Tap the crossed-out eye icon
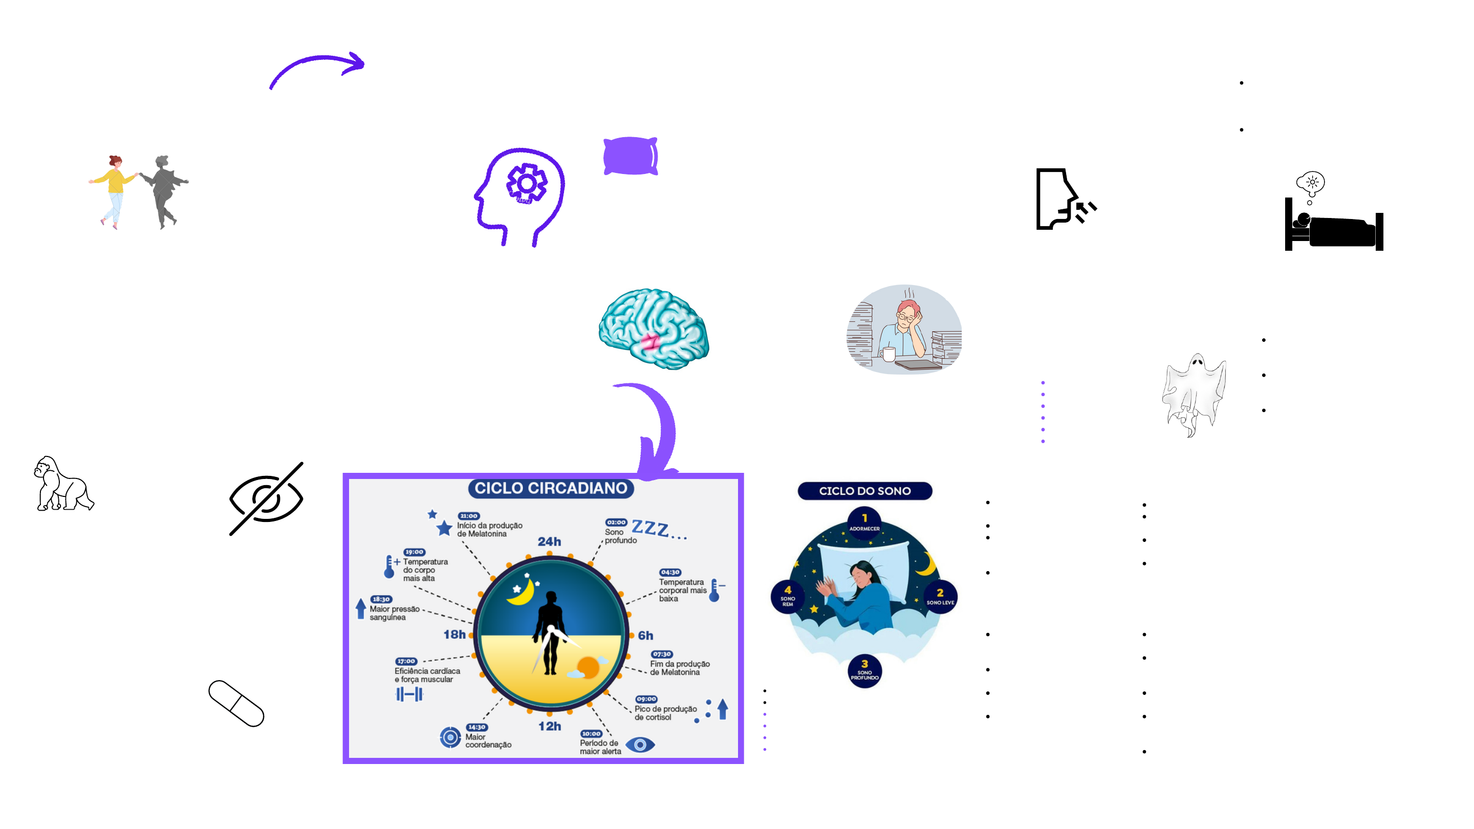[267, 498]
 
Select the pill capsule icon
[236, 703]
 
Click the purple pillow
[630, 156]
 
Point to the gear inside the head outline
[527, 183]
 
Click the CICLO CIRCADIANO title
[551, 488]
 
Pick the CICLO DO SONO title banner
[864, 491]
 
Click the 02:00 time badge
[616, 522]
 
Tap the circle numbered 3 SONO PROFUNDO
[864, 670]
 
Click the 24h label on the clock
[549, 541]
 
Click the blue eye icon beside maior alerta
[640, 745]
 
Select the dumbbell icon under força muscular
[409, 694]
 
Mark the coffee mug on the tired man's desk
[888, 354]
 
